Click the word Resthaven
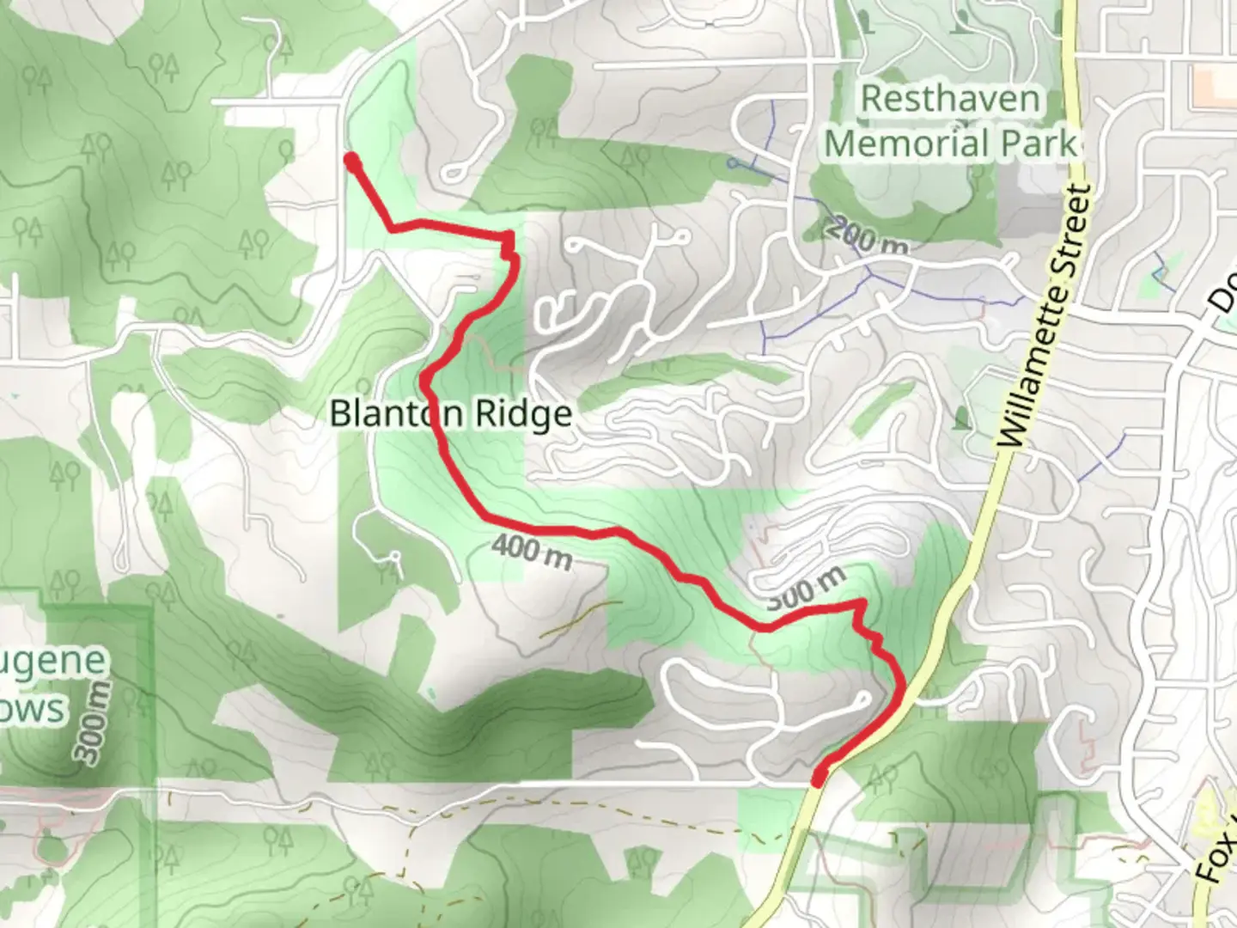click(x=949, y=99)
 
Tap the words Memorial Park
click(x=950, y=143)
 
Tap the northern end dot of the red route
click(x=351, y=159)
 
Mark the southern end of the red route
click(x=819, y=778)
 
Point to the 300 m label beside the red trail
click(x=805, y=589)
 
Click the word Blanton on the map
click(x=386, y=414)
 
